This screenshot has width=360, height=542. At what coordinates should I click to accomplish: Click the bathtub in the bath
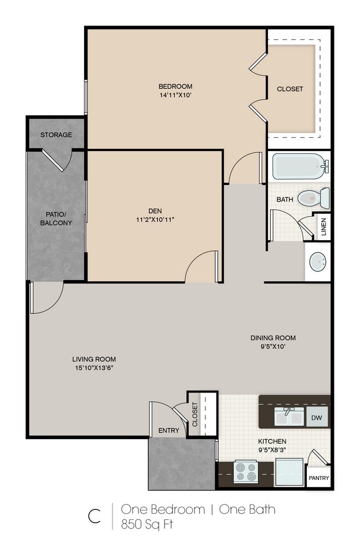(300, 166)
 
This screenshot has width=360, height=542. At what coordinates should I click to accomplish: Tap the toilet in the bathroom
(313, 198)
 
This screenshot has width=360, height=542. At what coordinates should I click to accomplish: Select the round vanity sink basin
(317, 262)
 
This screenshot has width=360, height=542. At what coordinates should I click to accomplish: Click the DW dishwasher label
(316, 417)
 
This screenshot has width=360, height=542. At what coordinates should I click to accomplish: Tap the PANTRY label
(319, 478)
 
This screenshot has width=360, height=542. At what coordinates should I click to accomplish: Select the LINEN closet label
(323, 227)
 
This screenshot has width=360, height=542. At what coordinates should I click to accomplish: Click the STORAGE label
(56, 135)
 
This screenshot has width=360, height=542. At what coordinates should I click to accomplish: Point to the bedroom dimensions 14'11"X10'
(176, 95)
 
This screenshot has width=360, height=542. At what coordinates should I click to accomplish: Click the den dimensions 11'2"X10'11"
(155, 219)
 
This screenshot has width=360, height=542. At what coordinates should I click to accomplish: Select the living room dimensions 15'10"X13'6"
(94, 368)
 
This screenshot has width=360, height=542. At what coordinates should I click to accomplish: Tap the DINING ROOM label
(273, 338)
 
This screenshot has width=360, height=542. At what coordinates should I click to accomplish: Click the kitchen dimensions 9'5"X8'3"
(272, 450)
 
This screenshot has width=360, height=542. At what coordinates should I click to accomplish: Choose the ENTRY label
(169, 430)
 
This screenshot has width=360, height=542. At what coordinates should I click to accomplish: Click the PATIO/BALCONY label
(56, 219)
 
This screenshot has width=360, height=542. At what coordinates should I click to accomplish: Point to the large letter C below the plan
(94, 516)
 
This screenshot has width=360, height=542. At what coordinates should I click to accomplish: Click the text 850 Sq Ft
(147, 524)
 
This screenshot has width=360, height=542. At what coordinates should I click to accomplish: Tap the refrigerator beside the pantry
(289, 472)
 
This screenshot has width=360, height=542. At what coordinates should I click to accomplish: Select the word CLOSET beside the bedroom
(290, 89)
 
